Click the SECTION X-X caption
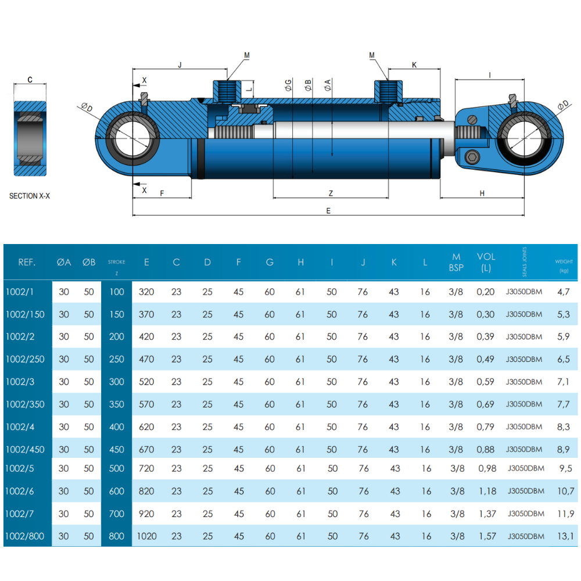[30, 196]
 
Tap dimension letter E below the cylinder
[328, 211]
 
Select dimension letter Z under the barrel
[331, 193]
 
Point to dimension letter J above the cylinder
[180, 66]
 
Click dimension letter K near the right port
[414, 65]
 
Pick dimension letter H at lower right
[482, 193]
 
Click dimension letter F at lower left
[162, 193]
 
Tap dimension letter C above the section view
[30, 80]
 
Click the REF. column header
[27, 263]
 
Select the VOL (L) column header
[486, 262]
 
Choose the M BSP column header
[456, 262]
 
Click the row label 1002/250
[25, 359]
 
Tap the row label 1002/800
[25, 536]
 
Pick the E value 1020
[147, 536]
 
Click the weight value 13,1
[566, 536]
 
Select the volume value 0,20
[486, 292]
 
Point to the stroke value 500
[117, 468]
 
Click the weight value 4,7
[564, 292]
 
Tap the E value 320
[147, 292]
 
